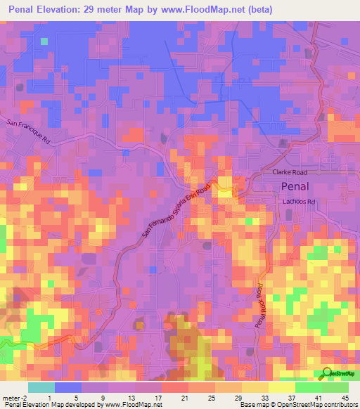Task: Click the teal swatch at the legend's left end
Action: click(x=41, y=387)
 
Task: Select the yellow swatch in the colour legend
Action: click(x=281, y=387)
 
